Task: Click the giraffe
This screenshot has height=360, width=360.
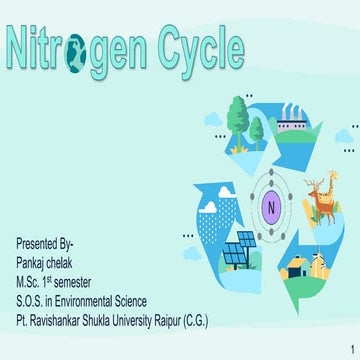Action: [x=317, y=195]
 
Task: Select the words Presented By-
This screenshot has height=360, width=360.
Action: [x=45, y=243]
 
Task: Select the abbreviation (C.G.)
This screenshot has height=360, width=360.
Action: [x=193, y=301]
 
